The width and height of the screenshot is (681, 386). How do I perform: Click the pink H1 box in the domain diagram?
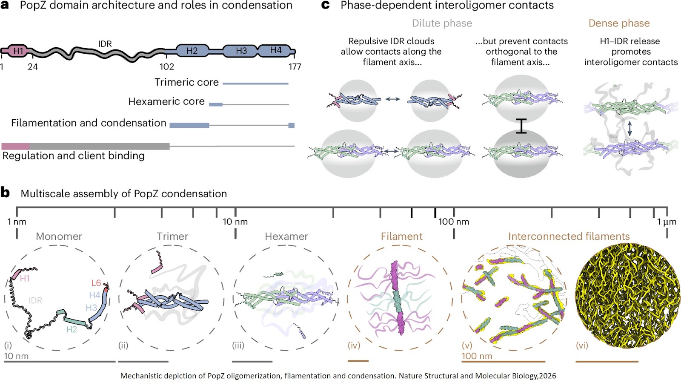(x=18, y=51)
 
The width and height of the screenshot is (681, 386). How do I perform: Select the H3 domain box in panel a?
(x=241, y=51)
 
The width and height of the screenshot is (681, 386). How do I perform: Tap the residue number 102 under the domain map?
(x=167, y=66)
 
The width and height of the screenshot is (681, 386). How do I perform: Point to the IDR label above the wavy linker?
(x=105, y=43)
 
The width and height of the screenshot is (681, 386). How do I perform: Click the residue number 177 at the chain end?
(x=295, y=66)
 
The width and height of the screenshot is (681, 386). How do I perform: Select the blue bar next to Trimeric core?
(x=255, y=84)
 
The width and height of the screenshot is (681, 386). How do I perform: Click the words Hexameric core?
(x=166, y=101)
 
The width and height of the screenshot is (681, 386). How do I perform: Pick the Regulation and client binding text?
(x=74, y=156)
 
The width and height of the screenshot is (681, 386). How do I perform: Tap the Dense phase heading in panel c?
(x=619, y=23)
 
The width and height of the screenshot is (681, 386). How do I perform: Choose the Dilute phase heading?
(x=442, y=23)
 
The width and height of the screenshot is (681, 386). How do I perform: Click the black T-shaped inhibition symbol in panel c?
(x=521, y=126)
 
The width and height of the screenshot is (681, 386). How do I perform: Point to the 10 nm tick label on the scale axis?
(x=235, y=222)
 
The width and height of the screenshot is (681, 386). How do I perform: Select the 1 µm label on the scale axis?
(x=667, y=222)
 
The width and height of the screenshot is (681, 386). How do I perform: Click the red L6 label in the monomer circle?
(x=96, y=283)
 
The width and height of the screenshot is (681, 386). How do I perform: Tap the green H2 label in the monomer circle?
(x=72, y=329)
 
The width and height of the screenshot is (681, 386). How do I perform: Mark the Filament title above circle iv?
(x=401, y=236)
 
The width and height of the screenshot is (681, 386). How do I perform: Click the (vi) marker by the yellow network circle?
(x=582, y=345)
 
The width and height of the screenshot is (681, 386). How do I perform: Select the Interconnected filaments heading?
(x=569, y=236)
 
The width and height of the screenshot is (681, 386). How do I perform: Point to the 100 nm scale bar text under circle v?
(x=477, y=356)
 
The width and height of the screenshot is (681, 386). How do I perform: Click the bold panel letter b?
(x=5, y=193)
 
